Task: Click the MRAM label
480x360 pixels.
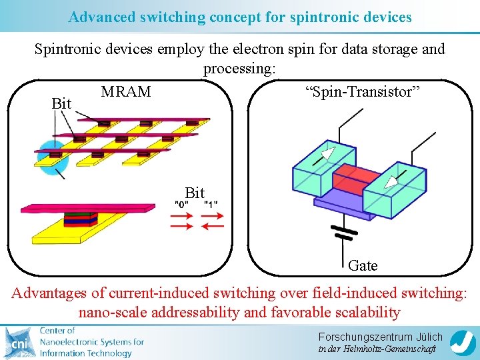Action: [x=126, y=91]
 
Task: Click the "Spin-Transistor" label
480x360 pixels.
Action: [x=362, y=92]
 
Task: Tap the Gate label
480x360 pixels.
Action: [x=363, y=265]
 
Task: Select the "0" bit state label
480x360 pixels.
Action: [x=181, y=204]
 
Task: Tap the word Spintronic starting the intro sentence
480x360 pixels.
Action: [x=67, y=49]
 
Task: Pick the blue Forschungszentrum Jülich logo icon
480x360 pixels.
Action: [x=462, y=342]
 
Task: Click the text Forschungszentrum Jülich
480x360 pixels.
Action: [x=380, y=337]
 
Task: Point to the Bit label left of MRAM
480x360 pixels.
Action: [x=61, y=104]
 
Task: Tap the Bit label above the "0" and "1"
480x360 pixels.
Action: [x=195, y=193]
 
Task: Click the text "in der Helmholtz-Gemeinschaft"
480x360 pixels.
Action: [x=377, y=349]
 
